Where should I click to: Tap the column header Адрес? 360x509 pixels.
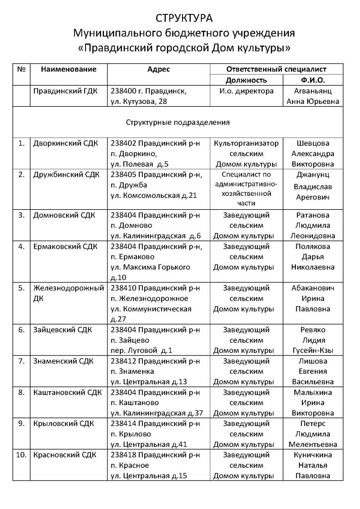159,69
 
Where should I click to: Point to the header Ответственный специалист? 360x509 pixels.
276,69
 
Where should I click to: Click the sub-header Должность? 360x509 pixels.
246,80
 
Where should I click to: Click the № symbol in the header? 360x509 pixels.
21,69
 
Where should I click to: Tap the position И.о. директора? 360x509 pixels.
246,91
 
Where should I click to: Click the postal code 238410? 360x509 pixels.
123,288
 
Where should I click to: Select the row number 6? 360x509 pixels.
21,330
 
